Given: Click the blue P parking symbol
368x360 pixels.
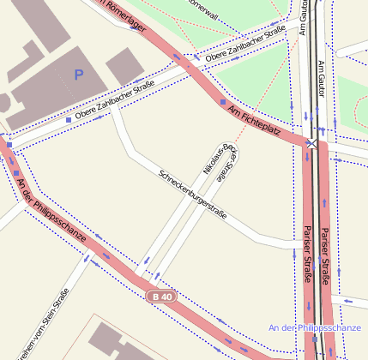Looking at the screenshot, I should click(80, 75).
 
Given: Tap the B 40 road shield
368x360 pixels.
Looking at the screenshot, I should click(160, 297).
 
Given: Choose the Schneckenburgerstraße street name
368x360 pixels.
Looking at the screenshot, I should click(193, 194).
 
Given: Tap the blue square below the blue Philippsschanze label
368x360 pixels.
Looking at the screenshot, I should click(315, 339).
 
